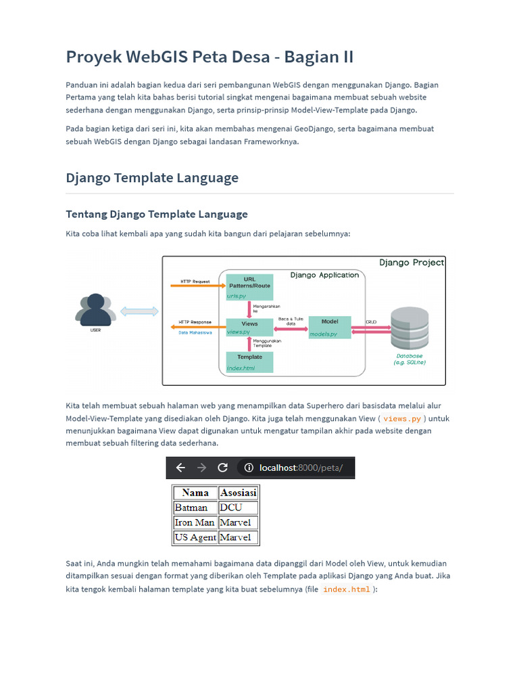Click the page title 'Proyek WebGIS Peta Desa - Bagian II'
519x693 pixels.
tap(209, 57)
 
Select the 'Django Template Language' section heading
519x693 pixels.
tap(152, 178)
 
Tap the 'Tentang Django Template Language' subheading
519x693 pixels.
tap(157, 215)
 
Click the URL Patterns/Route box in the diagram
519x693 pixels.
tap(249, 287)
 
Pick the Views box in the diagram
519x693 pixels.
tap(249, 328)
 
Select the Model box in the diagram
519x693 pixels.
tap(330, 328)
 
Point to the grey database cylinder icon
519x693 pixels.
tap(410, 328)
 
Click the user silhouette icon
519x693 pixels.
tap(95, 310)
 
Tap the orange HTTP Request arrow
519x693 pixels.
tap(198, 286)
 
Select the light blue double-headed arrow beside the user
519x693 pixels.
tap(139, 311)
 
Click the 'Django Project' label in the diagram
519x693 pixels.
tap(412, 263)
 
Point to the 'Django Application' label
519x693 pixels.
tap(324, 275)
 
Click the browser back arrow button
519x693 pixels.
tap(180, 468)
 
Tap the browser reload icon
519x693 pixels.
tap(223, 468)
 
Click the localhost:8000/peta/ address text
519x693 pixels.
tap(301, 468)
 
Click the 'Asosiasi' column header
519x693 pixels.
tap(239, 493)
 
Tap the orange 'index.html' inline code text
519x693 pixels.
tap(347, 589)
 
